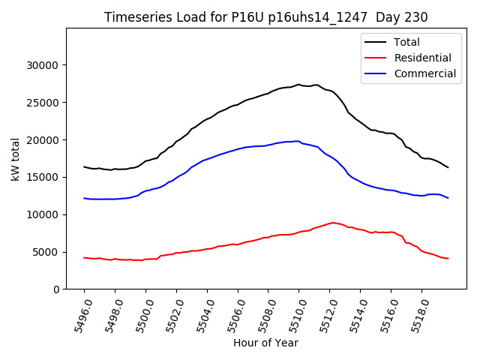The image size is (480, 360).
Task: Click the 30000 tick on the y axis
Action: [x=42, y=65]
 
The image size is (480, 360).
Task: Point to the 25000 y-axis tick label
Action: [x=42, y=103]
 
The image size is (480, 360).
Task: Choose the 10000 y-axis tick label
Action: [x=42, y=214]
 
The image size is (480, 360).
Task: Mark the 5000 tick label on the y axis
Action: [x=45, y=252]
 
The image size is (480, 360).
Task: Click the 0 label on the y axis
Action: [x=55, y=289]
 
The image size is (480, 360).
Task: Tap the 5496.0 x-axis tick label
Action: [x=78, y=313]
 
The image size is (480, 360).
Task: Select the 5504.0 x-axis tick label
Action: [x=201, y=313]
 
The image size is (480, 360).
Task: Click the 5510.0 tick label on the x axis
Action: [x=292, y=313]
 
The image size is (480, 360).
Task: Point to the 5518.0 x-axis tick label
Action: [x=415, y=313]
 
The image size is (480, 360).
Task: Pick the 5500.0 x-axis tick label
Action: [x=139, y=313]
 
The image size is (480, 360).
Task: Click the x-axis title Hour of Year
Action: [x=265, y=343]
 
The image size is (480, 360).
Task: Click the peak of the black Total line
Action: [x=298, y=85]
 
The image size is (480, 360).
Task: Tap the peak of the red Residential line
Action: [x=333, y=223]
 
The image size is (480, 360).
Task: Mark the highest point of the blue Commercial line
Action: [x=298, y=141]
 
